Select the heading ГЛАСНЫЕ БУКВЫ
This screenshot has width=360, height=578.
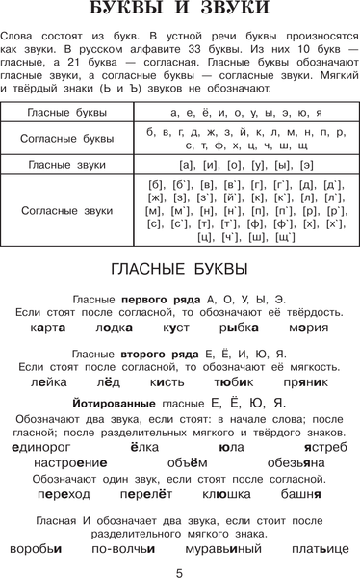pos(179,268)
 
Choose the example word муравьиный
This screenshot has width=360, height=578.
pos(219,548)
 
